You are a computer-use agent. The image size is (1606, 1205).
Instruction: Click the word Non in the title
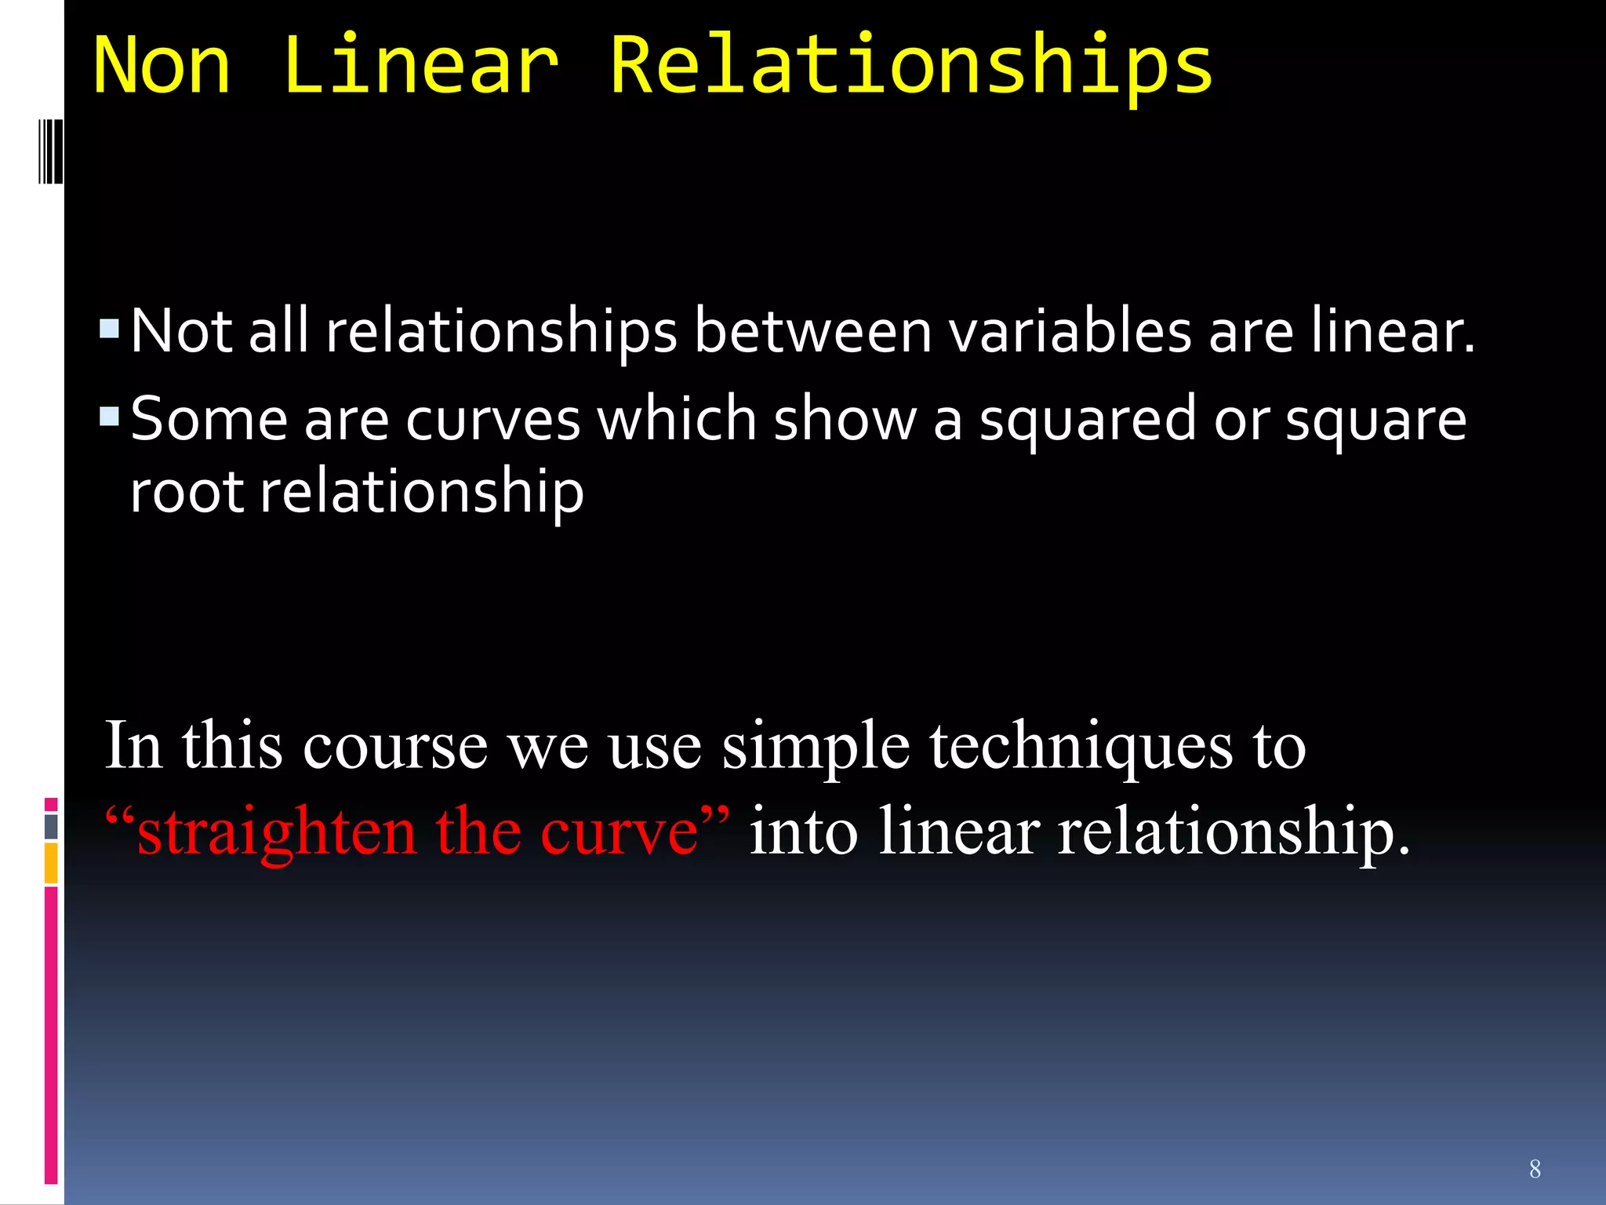[162, 66]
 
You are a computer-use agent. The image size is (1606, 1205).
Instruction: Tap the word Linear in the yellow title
[421, 66]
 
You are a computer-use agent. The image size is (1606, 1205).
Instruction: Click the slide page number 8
[1535, 1169]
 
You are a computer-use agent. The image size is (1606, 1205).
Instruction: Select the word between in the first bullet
[812, 331]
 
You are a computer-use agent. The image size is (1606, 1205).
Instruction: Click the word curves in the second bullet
[492, 420]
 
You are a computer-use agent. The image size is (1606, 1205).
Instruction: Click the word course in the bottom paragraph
[395, 747]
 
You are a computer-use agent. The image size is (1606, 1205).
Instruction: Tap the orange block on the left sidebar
[51, 862]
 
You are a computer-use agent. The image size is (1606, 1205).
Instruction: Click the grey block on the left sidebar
[51, 826]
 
